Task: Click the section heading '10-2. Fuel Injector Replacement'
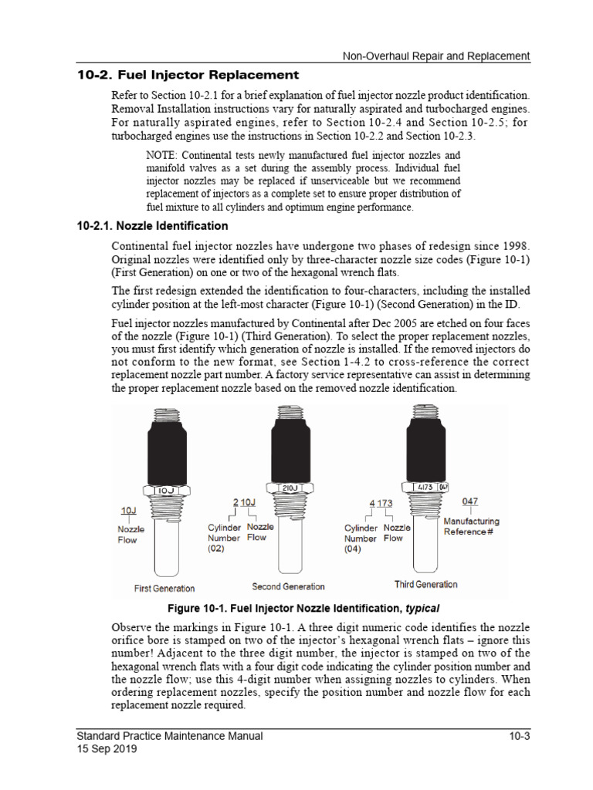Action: (188, 75)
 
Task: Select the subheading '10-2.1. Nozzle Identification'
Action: (152, 226)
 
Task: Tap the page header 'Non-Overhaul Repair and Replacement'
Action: (436, 56)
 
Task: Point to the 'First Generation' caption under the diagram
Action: (164, 589)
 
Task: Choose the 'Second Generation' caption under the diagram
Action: (288, 586)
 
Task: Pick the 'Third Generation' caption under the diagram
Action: (425, 584)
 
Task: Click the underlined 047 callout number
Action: (470, 501)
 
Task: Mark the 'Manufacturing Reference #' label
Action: (471, 527)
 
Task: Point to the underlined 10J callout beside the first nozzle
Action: (128, 510)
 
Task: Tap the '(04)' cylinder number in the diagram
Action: (353, 549)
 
